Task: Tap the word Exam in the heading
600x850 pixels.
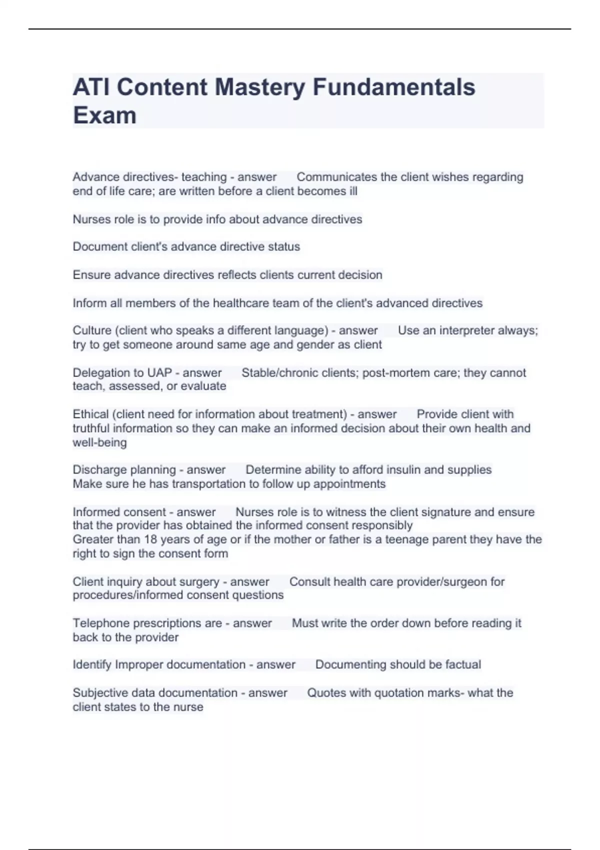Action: pyautogui.click(x=104, y=115)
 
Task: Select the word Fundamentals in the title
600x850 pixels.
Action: pyautogui.click(x=393, y=87)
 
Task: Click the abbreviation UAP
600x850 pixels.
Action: pyautogui.click(x=159, y=372)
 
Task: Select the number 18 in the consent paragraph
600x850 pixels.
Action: pyautogui.click(x=150, y=539)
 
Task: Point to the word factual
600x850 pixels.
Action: pyautogui.click(x=463, y=664)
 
